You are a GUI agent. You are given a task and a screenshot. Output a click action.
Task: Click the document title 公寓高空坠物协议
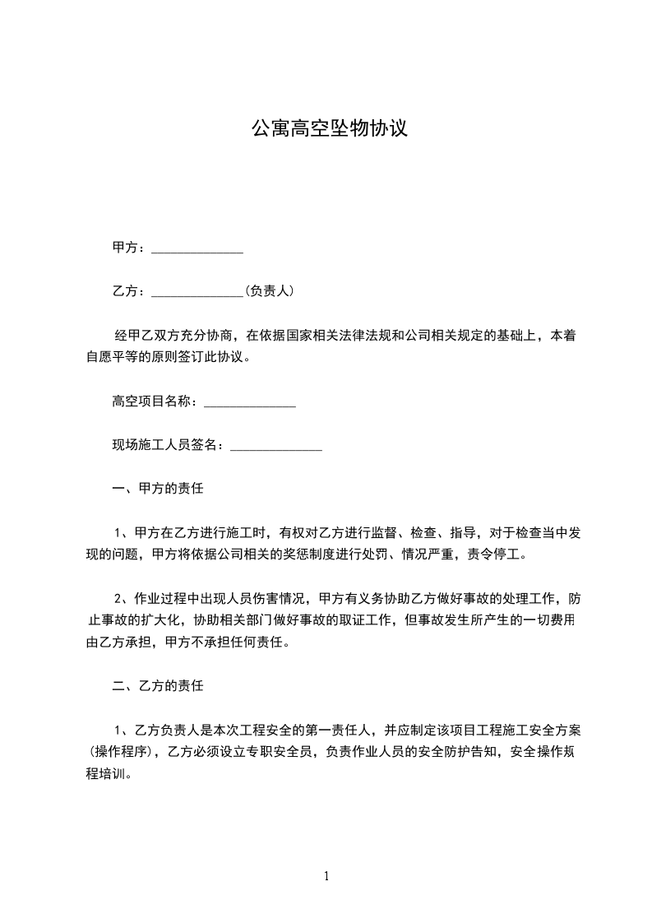click(329, 129)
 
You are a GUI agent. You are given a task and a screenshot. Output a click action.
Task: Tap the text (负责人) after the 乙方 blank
click(270, 291)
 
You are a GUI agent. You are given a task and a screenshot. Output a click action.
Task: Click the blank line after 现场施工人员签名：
click(275, 448)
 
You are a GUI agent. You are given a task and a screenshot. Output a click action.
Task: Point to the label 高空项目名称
click(151, 402)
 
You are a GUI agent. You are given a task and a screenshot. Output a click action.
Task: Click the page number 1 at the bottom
click(326, 876)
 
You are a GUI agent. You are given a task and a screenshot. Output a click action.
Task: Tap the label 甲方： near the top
click(129, 248)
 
